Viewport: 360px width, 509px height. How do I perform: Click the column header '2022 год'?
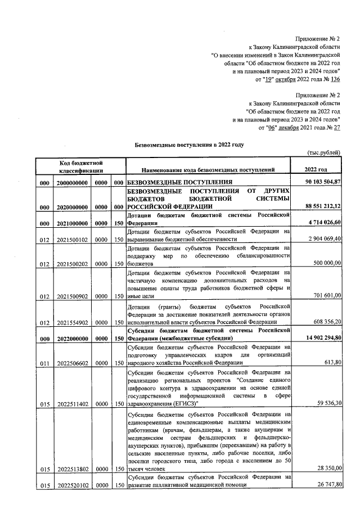[316, 169]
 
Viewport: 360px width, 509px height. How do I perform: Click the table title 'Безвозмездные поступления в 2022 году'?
[189, 145]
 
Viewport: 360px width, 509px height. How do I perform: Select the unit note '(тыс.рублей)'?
[323, 153]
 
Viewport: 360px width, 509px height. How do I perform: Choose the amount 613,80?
[334, 362]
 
